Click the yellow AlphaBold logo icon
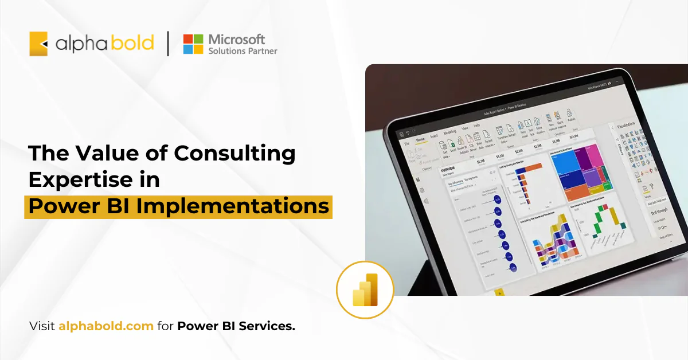(38, 44)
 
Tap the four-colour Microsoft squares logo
(193, 44)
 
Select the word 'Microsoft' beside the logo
(236, 39)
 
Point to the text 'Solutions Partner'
(243, 51)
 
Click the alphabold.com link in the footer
(105, 327)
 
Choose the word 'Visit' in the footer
(42, 327)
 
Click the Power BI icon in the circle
(365, 290)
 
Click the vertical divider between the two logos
(168, 44)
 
